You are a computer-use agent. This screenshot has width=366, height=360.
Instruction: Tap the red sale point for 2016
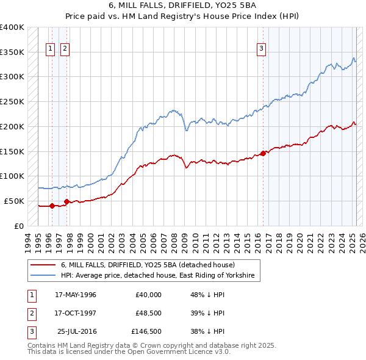coord(263,153)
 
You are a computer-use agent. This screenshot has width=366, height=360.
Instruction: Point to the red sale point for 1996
coord(52,206)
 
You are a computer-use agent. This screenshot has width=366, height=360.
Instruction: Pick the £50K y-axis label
coord(15,201)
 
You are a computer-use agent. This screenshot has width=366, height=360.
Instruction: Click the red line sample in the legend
coord(43,265)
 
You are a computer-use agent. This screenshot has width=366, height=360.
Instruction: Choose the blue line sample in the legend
coord(43,276)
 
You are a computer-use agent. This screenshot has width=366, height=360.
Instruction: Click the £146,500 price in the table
coord(146,331)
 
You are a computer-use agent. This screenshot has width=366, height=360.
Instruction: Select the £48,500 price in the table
coord(148,313)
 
